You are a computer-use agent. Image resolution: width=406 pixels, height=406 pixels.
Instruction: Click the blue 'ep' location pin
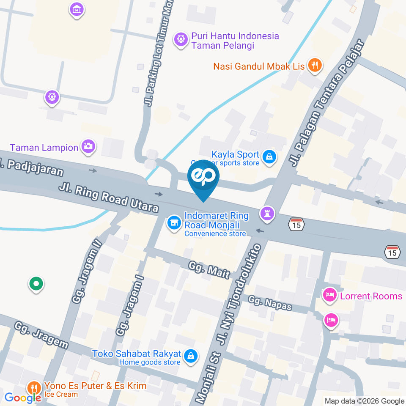[x=203, y=178]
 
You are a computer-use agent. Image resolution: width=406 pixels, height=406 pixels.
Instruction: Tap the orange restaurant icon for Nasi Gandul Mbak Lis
[x=314, y=66]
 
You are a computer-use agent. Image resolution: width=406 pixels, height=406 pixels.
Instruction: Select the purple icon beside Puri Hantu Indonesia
[x=181, y=40]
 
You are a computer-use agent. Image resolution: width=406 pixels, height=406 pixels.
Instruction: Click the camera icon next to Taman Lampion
[x=89, y=147]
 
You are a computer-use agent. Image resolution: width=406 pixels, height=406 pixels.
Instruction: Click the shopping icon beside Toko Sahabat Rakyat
[x=191, y=356]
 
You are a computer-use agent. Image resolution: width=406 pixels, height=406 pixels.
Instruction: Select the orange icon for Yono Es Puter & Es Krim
[x=33, y=387]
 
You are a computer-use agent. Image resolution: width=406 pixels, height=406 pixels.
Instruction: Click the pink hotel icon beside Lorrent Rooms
[x=330, y=295]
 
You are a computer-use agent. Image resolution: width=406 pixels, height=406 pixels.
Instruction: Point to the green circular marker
[x=36, y=283]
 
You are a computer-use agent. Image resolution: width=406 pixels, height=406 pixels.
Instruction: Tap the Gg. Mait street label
[x=209, y=269]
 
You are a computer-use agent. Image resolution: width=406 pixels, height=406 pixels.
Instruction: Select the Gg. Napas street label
[x=270, y=303]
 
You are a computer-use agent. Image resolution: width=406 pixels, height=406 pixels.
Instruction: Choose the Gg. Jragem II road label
[x=88, y=271]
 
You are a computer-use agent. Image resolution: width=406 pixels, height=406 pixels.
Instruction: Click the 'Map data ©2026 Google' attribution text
[x=364, y=401]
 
